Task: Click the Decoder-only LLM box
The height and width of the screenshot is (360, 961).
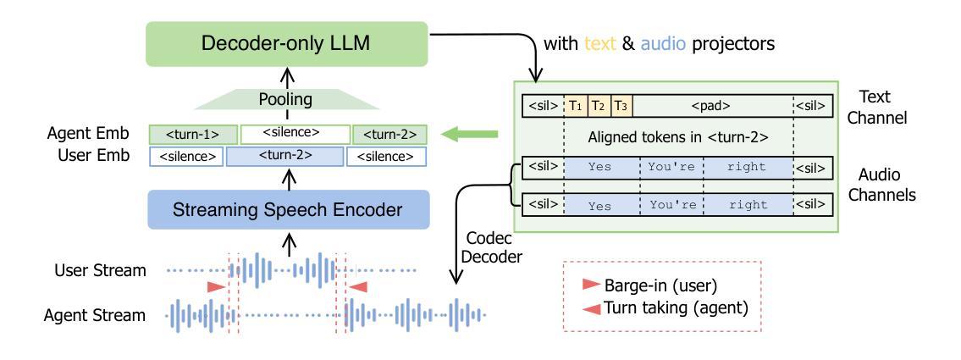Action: coord(286,44)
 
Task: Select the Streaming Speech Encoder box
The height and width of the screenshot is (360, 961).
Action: coord(288,210)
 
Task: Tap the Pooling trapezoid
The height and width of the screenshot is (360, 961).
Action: coord(284,100)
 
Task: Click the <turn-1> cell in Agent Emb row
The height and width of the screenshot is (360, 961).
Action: coord(193,135)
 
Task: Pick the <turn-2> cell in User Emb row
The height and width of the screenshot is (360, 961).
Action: coord(286,157)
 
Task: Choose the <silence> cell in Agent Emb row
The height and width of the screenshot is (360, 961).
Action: coord(295,134)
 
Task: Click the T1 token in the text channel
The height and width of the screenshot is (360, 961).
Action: coord(576,106)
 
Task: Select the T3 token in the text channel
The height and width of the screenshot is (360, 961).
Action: coord(621,106)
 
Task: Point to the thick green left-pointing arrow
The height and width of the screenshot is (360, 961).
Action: coord(471,135)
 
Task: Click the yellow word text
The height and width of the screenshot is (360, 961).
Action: coord(599,44)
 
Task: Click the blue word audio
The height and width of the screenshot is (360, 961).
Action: coord(663,44)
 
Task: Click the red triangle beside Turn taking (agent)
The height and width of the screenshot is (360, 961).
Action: coord(591,308)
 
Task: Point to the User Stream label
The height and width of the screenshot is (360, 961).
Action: coord(100,270)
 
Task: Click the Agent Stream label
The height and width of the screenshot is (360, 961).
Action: coord(95,316)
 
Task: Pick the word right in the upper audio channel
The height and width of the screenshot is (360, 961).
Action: coord(748,167)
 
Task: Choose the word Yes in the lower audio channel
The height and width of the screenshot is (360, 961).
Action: coord(599,206)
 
